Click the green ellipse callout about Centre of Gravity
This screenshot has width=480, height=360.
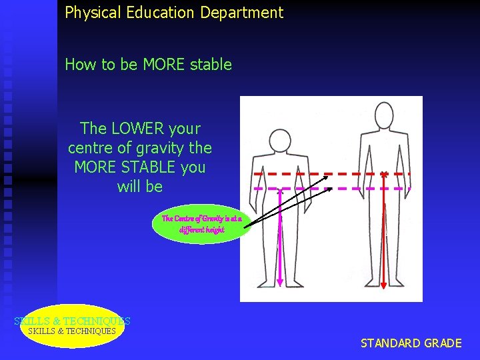pos(201,224)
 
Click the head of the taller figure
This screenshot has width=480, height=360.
pos(384,115)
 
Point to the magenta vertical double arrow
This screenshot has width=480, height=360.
pos(281,237)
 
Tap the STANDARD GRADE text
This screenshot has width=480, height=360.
pos(411,343)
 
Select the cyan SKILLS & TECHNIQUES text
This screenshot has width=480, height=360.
pos(72,321)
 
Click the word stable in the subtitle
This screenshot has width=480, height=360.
pos(209,65)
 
